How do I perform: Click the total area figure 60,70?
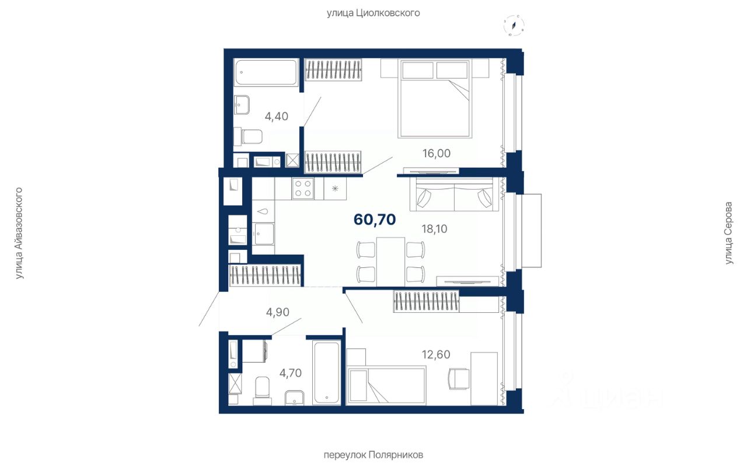[375, 219]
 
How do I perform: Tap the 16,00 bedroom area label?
[436, 154]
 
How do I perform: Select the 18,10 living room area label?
[434, 229]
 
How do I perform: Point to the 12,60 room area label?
[436, 354]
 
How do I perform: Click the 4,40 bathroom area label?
[277, 116]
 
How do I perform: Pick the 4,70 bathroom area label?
[291, 373]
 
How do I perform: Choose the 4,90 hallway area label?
[277, 312]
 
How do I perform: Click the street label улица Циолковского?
[373, 13]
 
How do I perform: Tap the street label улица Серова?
[729, 233]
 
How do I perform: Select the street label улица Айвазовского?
[19, 233]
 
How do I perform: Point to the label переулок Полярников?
[373, 455]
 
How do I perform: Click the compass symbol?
[514, 25]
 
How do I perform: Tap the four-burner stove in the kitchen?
[303, 189]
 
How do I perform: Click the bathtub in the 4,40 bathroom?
[266, 72]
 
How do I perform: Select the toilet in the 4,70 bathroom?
[262, 391]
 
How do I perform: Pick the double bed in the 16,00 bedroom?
[435, 99]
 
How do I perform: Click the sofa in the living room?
[454, 194]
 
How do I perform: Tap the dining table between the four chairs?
[390, 262]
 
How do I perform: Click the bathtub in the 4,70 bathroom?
[327, 372]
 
